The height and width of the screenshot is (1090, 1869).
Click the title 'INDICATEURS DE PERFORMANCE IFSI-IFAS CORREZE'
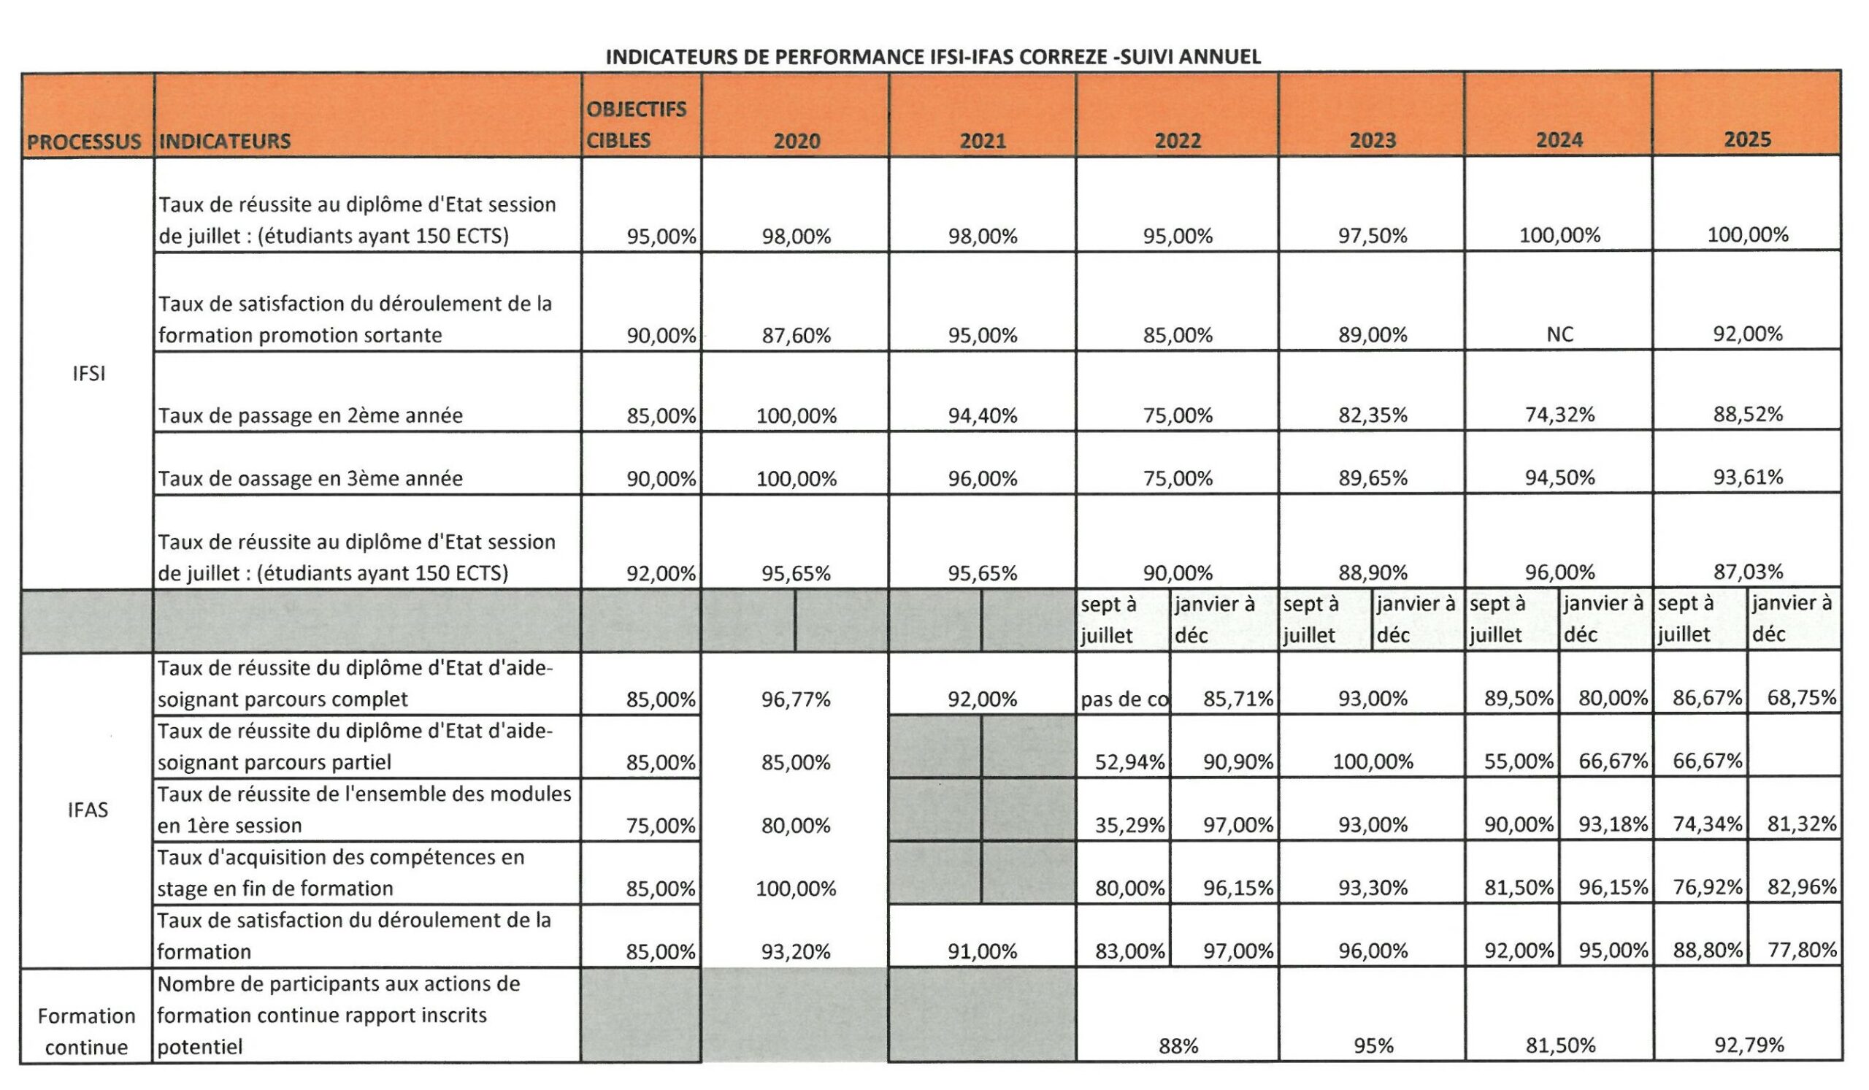(x=933, y=57)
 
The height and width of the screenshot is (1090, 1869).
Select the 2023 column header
(x=1372, y=140)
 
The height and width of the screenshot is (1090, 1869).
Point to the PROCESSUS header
(x=84, y=142)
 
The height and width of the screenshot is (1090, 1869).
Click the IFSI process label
(x=89, y=374)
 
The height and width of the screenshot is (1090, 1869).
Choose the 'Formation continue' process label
(x=87, y=1032)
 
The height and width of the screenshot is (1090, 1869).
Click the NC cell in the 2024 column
(x=1559, y=334)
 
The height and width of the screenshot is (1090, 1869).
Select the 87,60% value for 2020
(x=796, y=336)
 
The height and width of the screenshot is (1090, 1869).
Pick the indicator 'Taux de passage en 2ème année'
(x=310, y=415)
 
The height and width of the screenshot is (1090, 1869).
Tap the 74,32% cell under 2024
(x=1559, y=415)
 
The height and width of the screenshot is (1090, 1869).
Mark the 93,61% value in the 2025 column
(x=1747, y=477)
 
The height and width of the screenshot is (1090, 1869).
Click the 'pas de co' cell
(x=1124, y=699)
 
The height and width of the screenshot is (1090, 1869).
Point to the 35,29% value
(x=1129, y=824)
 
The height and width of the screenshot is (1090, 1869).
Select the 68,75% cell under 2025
(x=1802, y=698)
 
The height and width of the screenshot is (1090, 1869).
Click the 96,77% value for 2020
(x=796, y=699)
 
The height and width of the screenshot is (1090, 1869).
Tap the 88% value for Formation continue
(x=1178, y=1046)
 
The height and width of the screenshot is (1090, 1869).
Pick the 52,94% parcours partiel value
(x=1129, y=761)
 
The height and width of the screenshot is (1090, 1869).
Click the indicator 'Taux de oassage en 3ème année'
(x=310, y=478)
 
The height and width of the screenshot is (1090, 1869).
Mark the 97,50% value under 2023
(x=1372, y=236)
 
